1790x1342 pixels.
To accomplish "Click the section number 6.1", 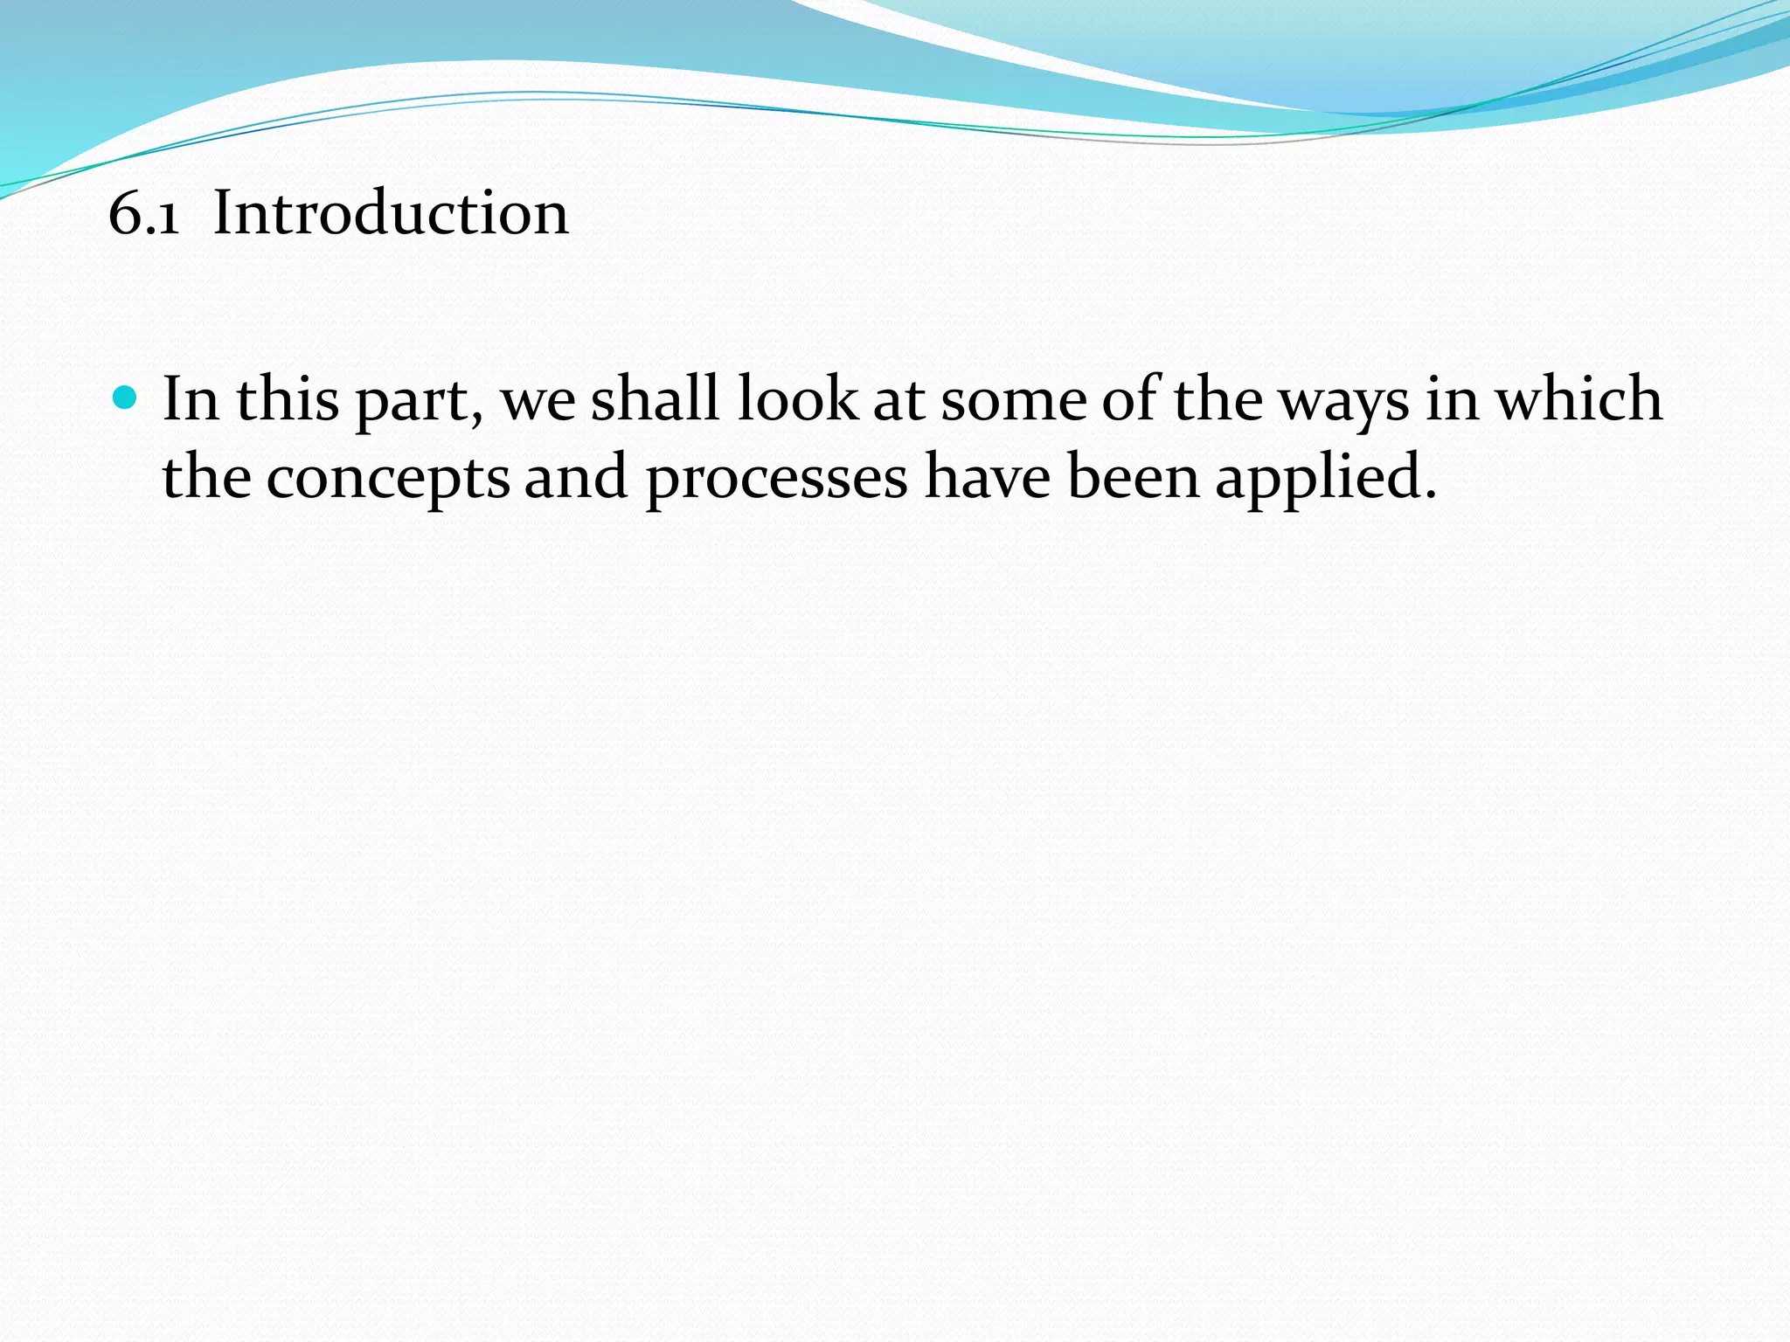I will click(144, 214).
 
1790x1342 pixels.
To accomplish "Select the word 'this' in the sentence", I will click(288, 399).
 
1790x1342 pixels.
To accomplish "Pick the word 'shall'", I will click(654, 399).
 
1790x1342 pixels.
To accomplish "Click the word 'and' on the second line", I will click(576, 478).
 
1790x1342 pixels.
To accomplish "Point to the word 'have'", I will click(988, 478).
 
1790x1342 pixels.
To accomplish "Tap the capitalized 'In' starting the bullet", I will click(191, 399).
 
